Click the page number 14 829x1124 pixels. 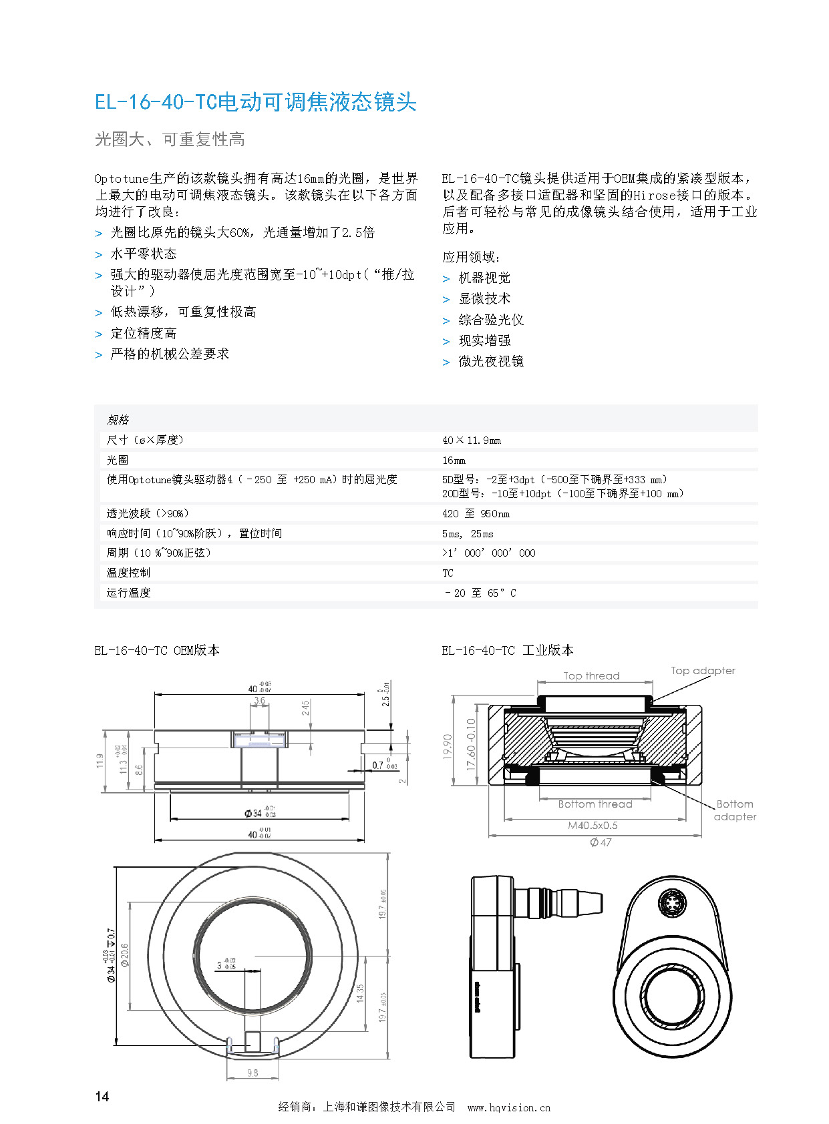click(102, 1096)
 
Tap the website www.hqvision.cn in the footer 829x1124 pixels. click(509, 1107)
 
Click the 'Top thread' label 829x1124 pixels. click(591, 675)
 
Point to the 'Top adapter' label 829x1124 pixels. click(703, 670)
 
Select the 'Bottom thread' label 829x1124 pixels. click(595, 804)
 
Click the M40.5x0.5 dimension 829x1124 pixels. click(593, 825)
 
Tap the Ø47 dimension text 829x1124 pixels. click(601, 842)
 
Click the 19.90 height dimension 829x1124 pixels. click(448, 746)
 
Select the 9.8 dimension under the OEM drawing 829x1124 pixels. click(253, 1073)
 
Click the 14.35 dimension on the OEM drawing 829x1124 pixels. click(361, 993)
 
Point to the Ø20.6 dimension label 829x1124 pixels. click(125, 954)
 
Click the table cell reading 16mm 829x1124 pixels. click(454, 461)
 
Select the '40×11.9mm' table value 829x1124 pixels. click(471, 441)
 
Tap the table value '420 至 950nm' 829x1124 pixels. click(476, 514)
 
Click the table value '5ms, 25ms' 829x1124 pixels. click(468, 534)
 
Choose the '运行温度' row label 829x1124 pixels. click(129, 593)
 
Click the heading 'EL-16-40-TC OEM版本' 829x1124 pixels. click(157, 650)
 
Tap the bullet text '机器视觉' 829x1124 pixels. click(484, 278)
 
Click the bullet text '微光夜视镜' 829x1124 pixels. click(491, 361)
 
